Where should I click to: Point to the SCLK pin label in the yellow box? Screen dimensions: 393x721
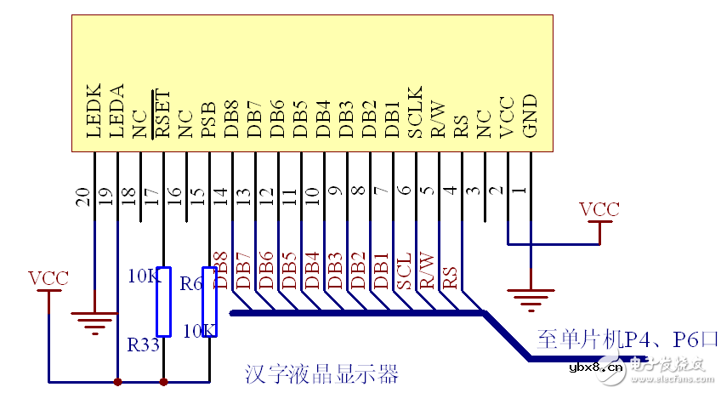415,111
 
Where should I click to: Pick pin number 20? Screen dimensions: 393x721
83,197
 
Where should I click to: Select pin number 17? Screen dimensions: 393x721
152,197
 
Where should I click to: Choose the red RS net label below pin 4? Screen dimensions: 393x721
451,276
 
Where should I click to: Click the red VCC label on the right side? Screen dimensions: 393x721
599,208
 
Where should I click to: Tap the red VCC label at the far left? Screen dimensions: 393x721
48,278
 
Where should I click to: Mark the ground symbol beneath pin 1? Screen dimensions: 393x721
529,298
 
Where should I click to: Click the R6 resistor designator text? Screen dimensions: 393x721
192,283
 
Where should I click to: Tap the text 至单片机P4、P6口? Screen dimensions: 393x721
627,339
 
